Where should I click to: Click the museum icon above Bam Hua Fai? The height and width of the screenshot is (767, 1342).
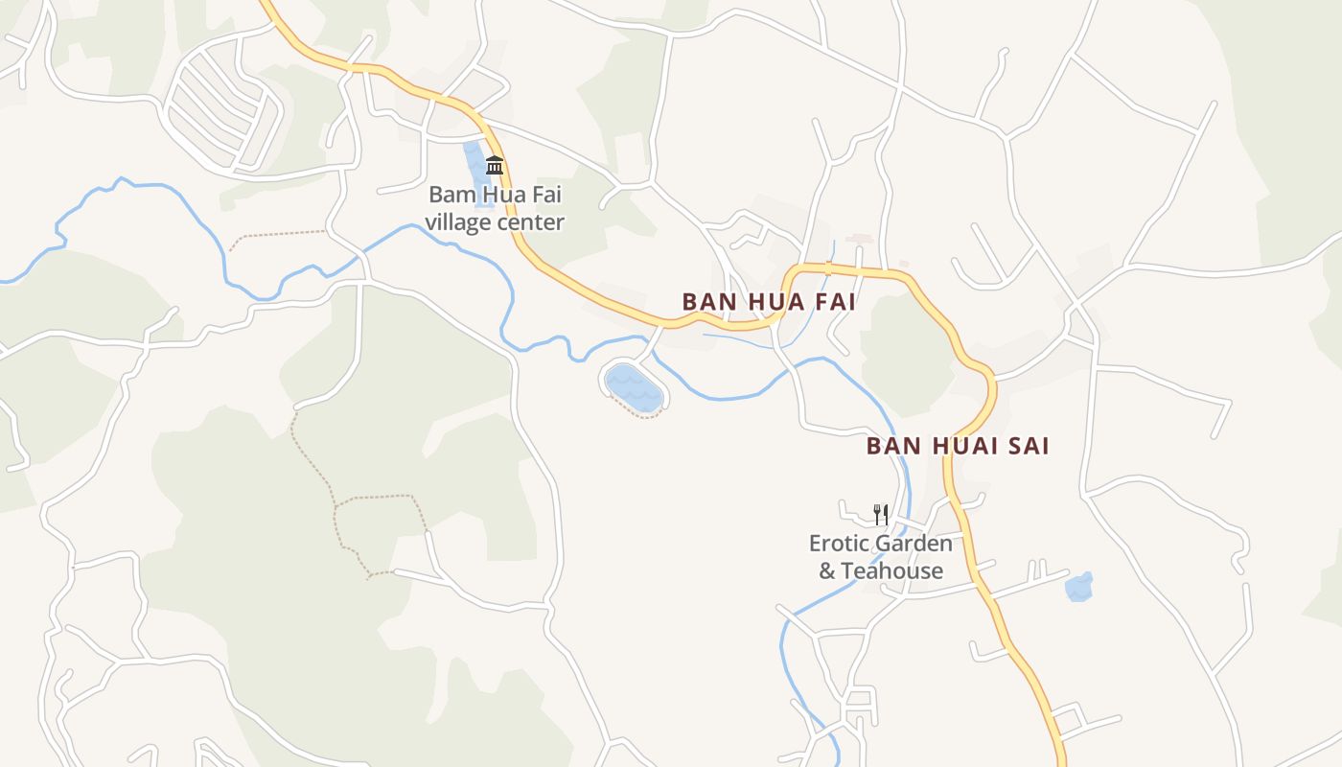(495, 165)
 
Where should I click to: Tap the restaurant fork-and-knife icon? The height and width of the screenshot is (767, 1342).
(881, 515)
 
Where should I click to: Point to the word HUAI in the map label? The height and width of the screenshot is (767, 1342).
(959, 446)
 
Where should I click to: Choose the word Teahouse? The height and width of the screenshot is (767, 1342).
(893, 571)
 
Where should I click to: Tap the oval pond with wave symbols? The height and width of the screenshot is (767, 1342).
(634, 386)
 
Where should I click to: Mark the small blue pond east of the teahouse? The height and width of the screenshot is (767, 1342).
(1079, 587)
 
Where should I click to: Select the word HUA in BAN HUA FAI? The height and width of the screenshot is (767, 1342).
(773, 302)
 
